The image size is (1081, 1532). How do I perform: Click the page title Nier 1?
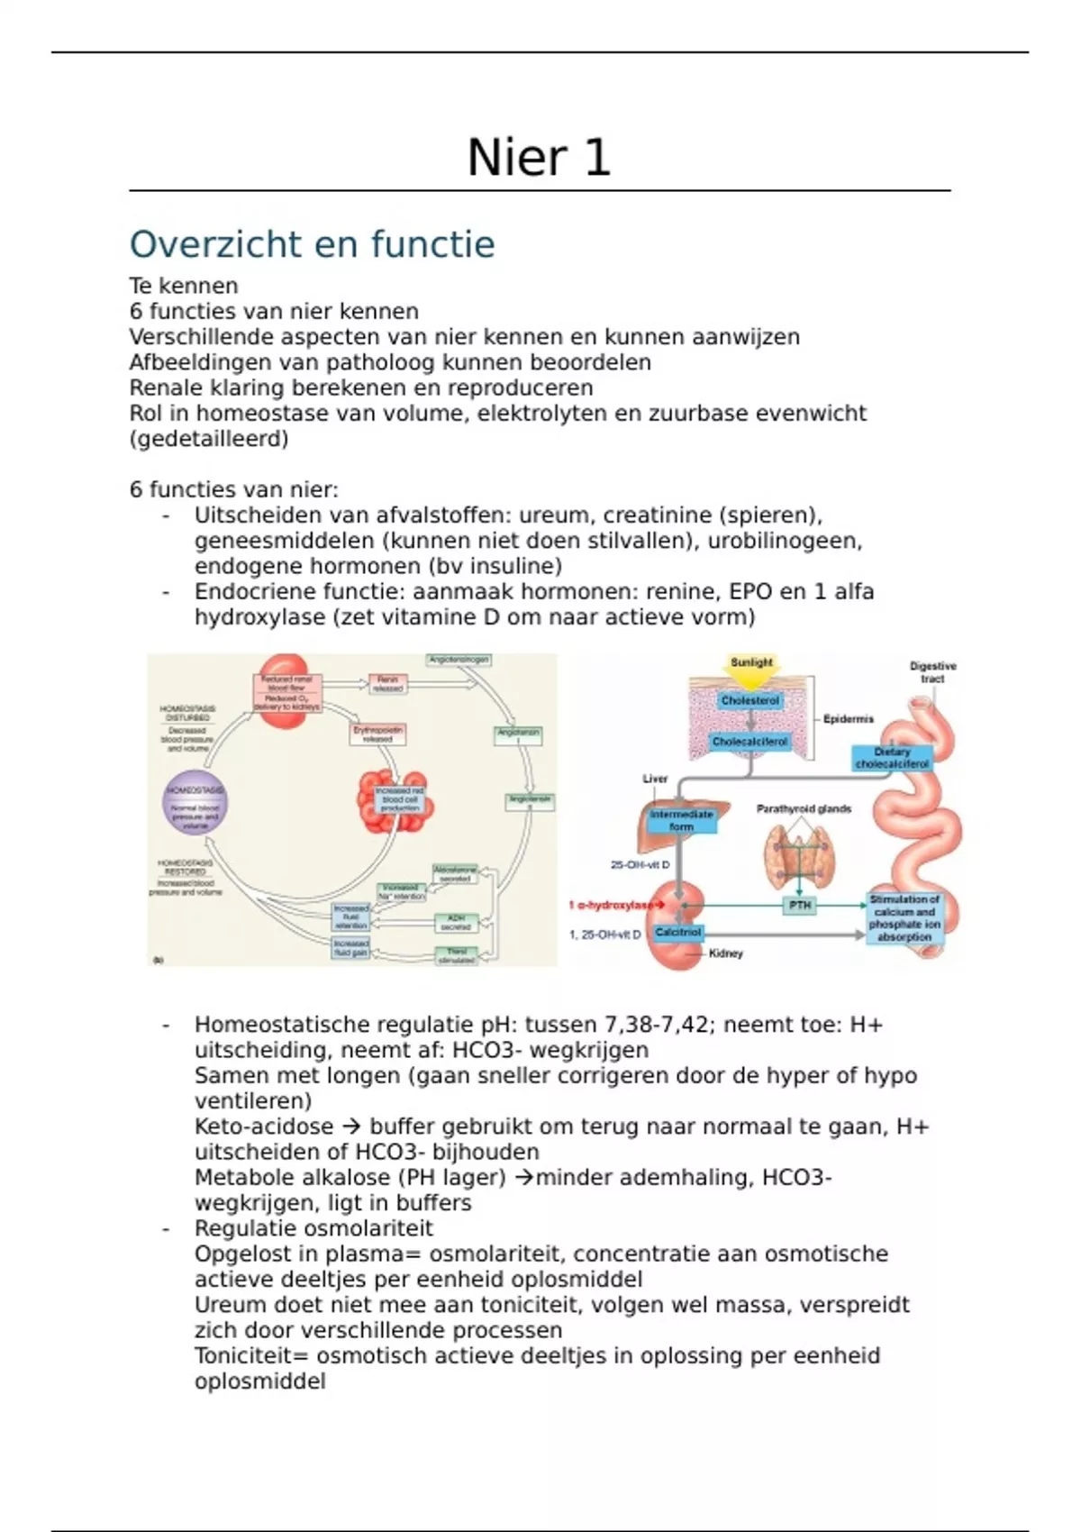(539, 158)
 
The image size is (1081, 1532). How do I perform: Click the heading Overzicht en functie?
(312, 244)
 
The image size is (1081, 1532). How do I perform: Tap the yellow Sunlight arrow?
(751, 666)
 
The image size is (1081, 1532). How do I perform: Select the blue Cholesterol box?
(749, 700)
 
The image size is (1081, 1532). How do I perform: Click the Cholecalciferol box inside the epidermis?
(749, 742)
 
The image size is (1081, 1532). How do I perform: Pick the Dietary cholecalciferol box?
(891, 758)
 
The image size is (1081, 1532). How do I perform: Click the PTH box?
(800, 905)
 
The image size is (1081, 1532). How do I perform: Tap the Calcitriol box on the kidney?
(678, 932)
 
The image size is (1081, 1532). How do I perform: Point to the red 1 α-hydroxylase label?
(612, 905)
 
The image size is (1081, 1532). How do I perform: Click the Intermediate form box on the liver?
(681, 820)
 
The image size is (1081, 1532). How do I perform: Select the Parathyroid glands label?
(804, 808)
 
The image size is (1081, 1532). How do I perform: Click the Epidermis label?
(848, 719)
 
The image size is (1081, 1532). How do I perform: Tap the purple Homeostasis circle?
(195, 802)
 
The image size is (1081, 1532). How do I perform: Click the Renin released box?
(388, 684)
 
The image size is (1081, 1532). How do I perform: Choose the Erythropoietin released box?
(378, 734)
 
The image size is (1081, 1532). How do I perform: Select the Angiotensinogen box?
(459, 660)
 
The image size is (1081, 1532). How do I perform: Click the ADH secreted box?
(456, 922)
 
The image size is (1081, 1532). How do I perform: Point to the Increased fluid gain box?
(351, 948)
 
